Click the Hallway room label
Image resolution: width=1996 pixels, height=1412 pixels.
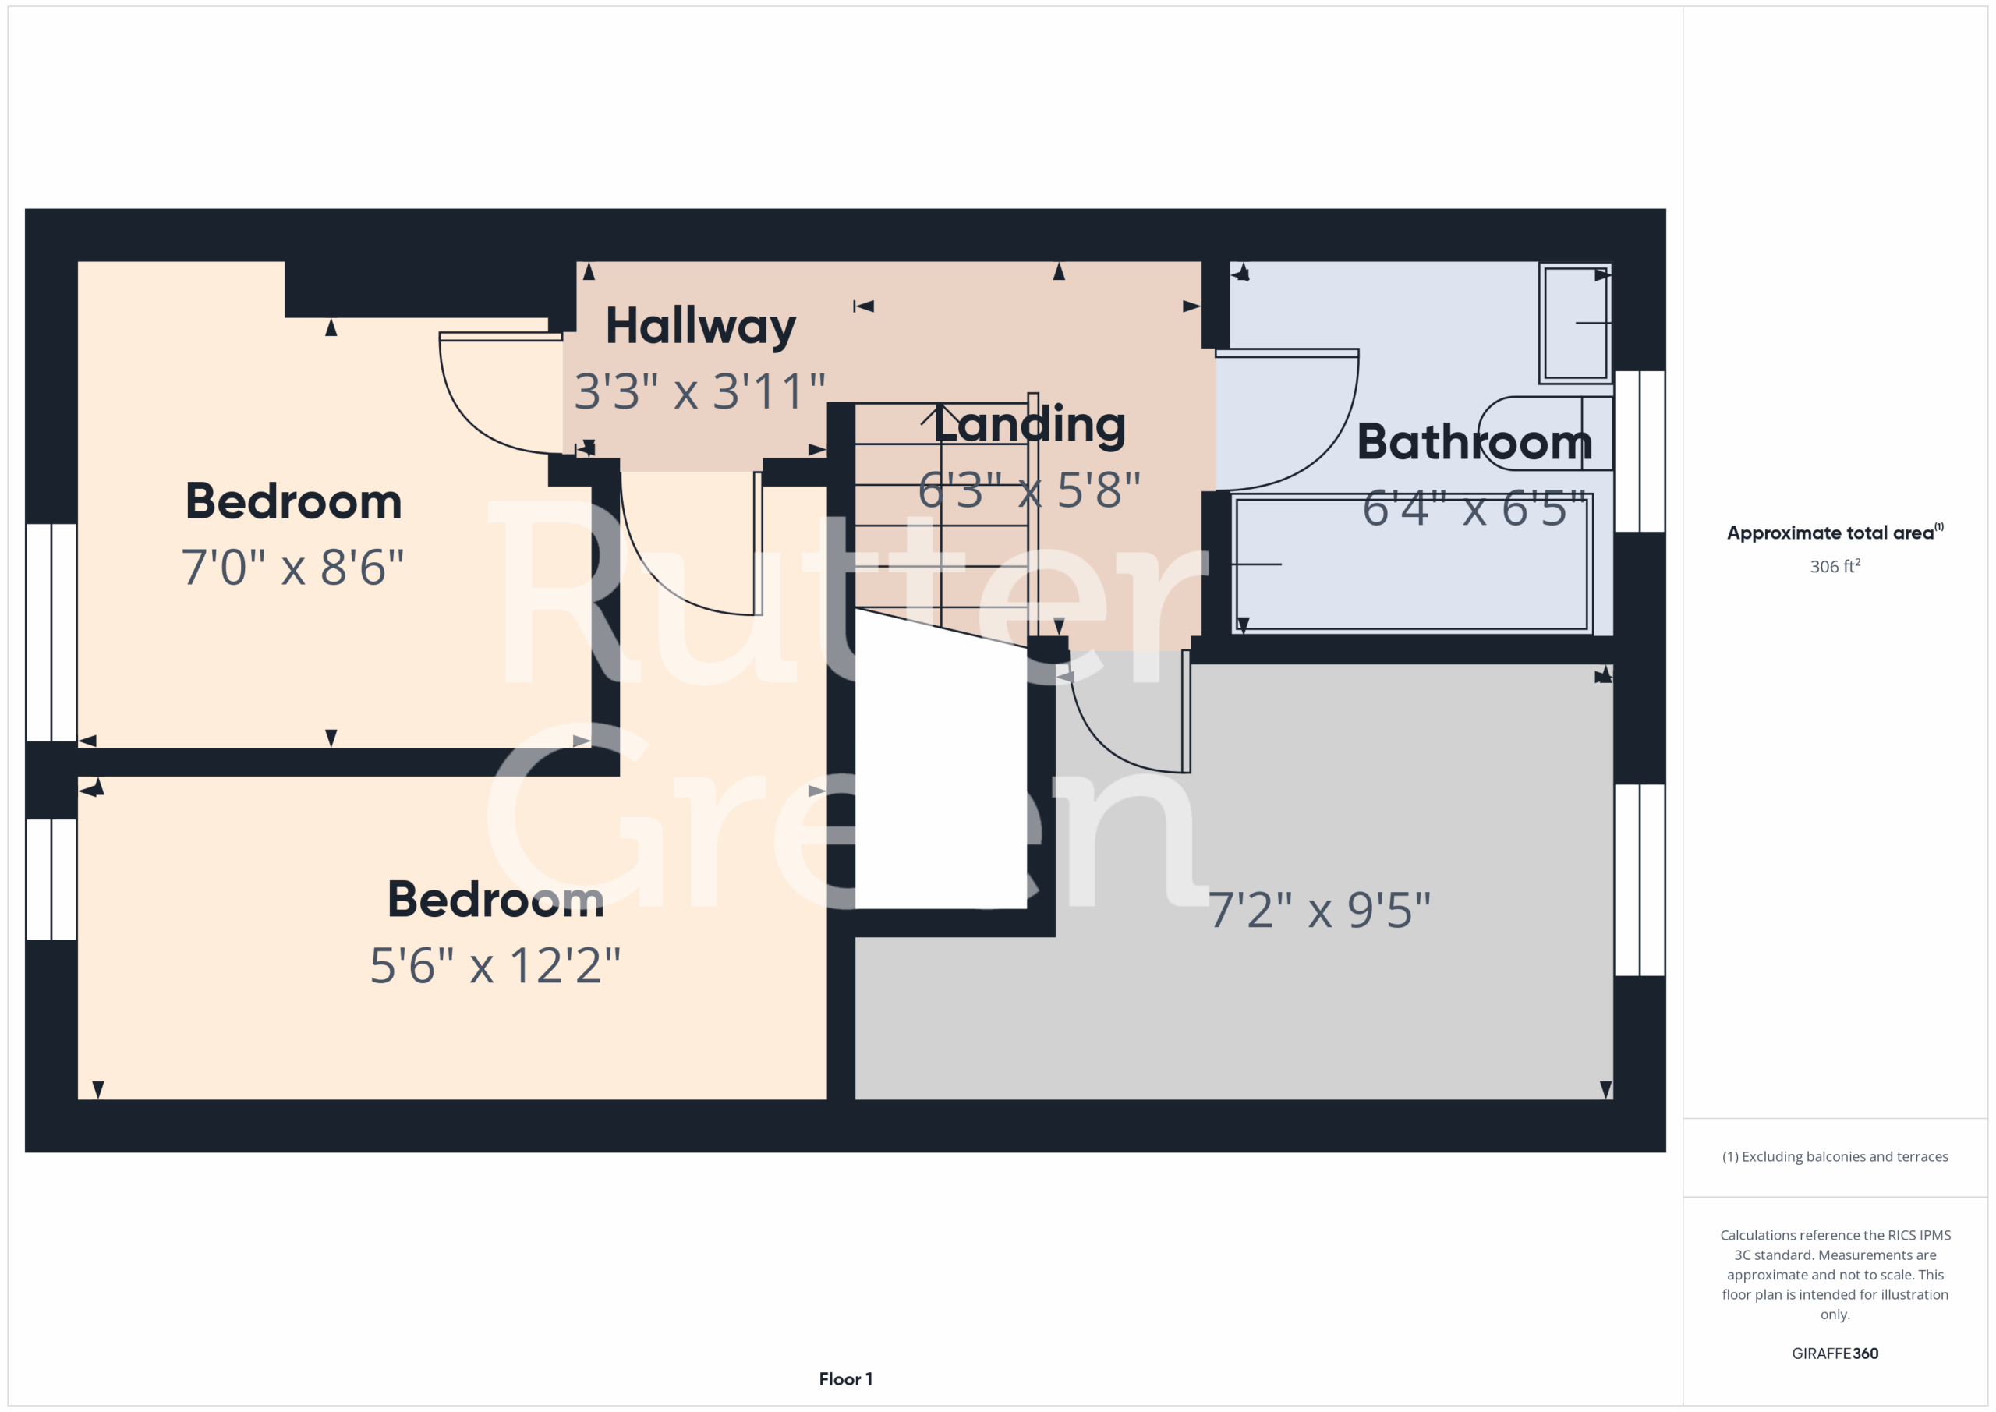[x=701, y=327]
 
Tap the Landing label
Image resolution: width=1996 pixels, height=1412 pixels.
[x=1029, y=425]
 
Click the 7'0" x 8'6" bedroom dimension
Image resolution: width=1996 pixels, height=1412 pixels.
[x=293, y=567]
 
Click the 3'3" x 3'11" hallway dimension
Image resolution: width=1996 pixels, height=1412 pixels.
[x=700, y=391]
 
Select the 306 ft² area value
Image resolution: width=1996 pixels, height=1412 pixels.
[x=1835, y=566]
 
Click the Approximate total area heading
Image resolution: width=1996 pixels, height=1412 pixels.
[x=1835, y=532]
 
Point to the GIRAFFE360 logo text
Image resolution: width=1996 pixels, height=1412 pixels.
[x=1835, y=1353]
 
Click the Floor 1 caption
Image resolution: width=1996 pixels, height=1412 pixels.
[x=845, y=1379]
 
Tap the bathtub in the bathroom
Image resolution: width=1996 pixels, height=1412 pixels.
[x=1413, y=564]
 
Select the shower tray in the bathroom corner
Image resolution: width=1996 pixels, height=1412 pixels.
[x=1575, y=323]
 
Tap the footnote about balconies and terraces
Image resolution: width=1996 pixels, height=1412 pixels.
[x=1835, y=1156]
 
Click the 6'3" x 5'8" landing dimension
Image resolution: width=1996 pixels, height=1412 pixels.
[x=1029, y=490]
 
